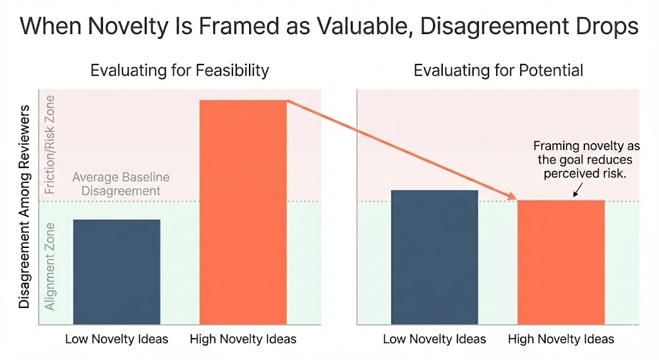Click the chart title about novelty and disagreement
coord(329,27)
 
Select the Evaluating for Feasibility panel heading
coord(180,70)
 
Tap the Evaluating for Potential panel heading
coord(498,70)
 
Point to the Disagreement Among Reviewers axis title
coord(25,212)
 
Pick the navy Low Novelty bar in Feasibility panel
coord(116,271)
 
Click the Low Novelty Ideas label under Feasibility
coord(116,339)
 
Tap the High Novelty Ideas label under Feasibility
coord(243,339)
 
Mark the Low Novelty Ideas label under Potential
coord(434,339)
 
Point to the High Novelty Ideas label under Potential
coord(561,339)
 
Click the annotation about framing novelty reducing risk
coord(582,160)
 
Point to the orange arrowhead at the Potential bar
coord(513,197)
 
